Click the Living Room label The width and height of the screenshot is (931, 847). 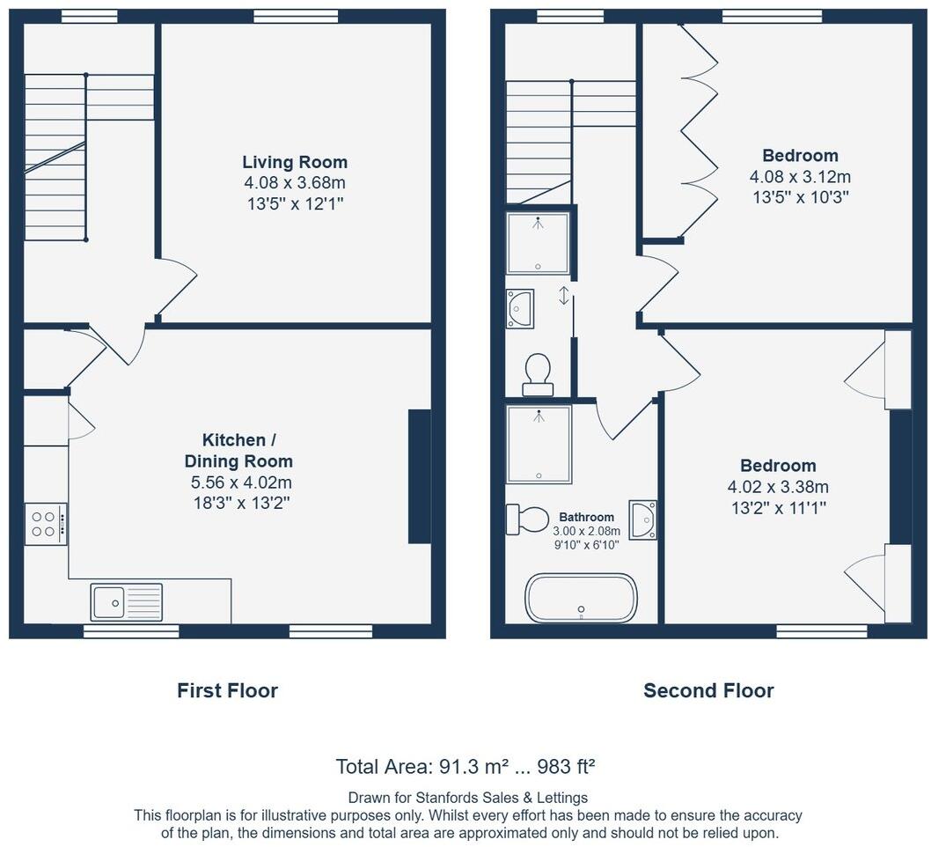295,162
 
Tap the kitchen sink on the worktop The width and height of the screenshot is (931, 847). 126,602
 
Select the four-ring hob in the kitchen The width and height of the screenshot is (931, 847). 44,523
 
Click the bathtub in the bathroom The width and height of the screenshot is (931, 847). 581,598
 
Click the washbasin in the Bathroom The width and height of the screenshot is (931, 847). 643,519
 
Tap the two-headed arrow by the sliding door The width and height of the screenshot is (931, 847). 564,295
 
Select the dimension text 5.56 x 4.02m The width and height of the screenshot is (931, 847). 240,482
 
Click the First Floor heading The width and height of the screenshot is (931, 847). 227,690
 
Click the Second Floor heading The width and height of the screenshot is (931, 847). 708,690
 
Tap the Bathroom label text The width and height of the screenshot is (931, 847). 586,517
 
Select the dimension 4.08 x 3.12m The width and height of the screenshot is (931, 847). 800,177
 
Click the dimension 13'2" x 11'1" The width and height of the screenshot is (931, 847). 777,507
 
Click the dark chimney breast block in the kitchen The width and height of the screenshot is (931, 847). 420,476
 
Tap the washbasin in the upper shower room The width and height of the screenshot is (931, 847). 519,309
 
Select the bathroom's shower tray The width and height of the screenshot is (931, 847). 539,444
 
